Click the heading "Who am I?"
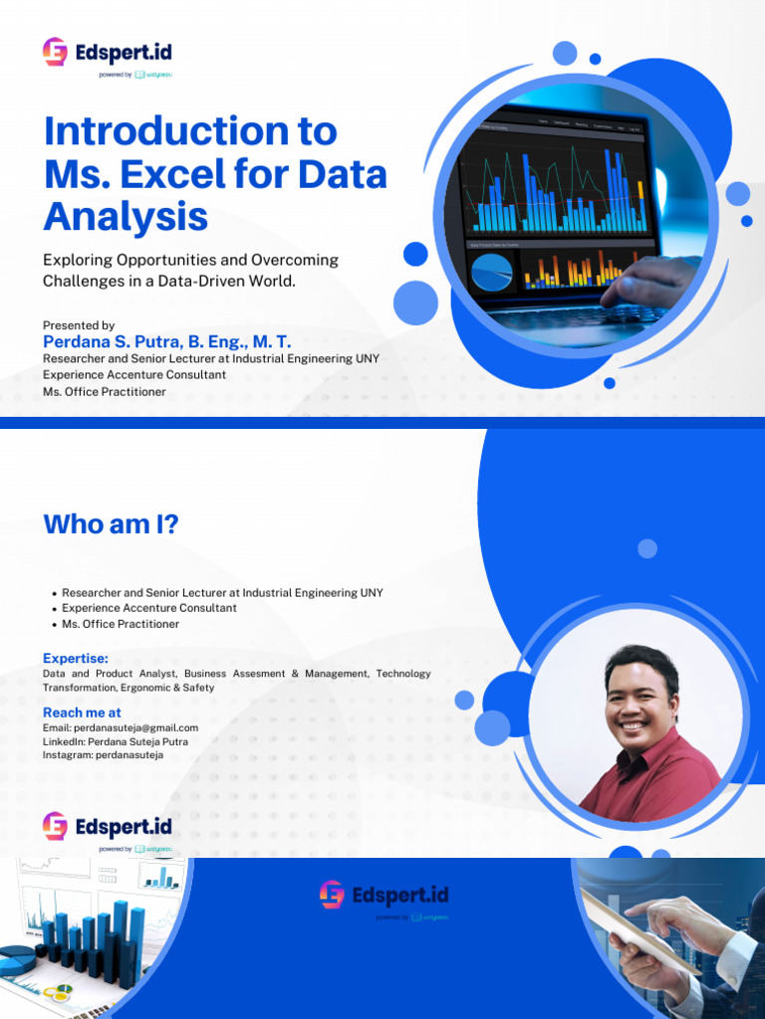click(x=111, y=524)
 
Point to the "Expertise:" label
click(x=76, y=659)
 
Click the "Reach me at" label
click(x=82, y=713)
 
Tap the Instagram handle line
click(x=103, y=754)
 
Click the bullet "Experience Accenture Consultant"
click(x=149, y=608)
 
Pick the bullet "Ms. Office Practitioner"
click(x=121, y=624)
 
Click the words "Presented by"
click(x=79, y=325)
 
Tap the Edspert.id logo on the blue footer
click(x=383, y=896)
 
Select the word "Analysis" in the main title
click(x=126, y=216)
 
